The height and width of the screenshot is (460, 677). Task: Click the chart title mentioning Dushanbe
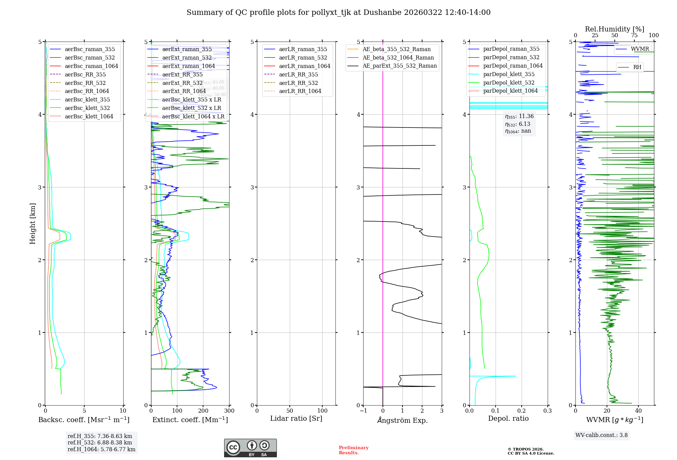click(338, 13)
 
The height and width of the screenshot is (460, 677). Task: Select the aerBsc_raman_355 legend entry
click(90, 49)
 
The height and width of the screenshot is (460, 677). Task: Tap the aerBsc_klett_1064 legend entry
click(89, 116)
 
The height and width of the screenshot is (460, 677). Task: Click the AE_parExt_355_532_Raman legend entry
click(399, 66)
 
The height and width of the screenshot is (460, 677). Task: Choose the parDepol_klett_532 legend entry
click(509, 83)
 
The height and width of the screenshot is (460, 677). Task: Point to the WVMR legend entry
click(639, 49)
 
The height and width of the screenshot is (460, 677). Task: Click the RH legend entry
click(637, 67)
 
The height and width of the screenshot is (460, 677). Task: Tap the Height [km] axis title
click(32, 224)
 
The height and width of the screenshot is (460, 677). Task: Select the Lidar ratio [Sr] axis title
click(296, 418)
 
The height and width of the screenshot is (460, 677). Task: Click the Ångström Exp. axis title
click(402, 420)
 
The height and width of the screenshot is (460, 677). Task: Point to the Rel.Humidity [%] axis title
click(614, 29)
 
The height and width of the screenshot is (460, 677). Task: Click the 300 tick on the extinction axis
click(229, 411)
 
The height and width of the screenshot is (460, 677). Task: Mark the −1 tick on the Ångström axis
click(363, 411)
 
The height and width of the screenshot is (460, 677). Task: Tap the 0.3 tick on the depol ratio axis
click(547, 411)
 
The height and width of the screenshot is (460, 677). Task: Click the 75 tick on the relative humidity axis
click(634, 36)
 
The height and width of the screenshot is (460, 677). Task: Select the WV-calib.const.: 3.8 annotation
click(602, 435)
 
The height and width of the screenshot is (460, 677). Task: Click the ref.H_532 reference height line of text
click(100, 443)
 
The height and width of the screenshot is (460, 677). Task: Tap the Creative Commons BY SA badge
click(250, 448)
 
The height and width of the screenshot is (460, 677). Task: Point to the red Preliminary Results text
click(353, 450)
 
